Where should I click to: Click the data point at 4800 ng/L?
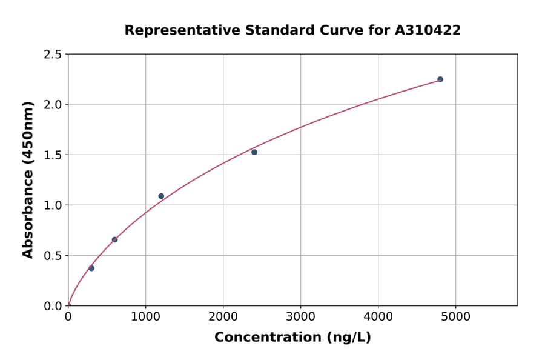pos(440,79)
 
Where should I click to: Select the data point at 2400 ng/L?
pos(254,152)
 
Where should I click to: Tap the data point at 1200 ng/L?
pos(161,196)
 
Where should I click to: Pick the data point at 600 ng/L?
pos(114,239)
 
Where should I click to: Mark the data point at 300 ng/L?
pos(91,268)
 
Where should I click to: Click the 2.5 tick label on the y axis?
pos(53,55)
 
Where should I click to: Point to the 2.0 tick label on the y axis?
pos(53,105)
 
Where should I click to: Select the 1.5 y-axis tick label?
pos(53,155)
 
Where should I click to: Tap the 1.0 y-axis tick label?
pos(53,205)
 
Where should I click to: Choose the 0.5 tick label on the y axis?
pos(53,256)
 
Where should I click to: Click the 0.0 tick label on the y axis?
pos(53,306)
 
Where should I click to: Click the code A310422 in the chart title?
pos(428,30)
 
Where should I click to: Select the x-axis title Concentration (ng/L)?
pos(292,338)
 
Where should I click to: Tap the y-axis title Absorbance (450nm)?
pos(28,180)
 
